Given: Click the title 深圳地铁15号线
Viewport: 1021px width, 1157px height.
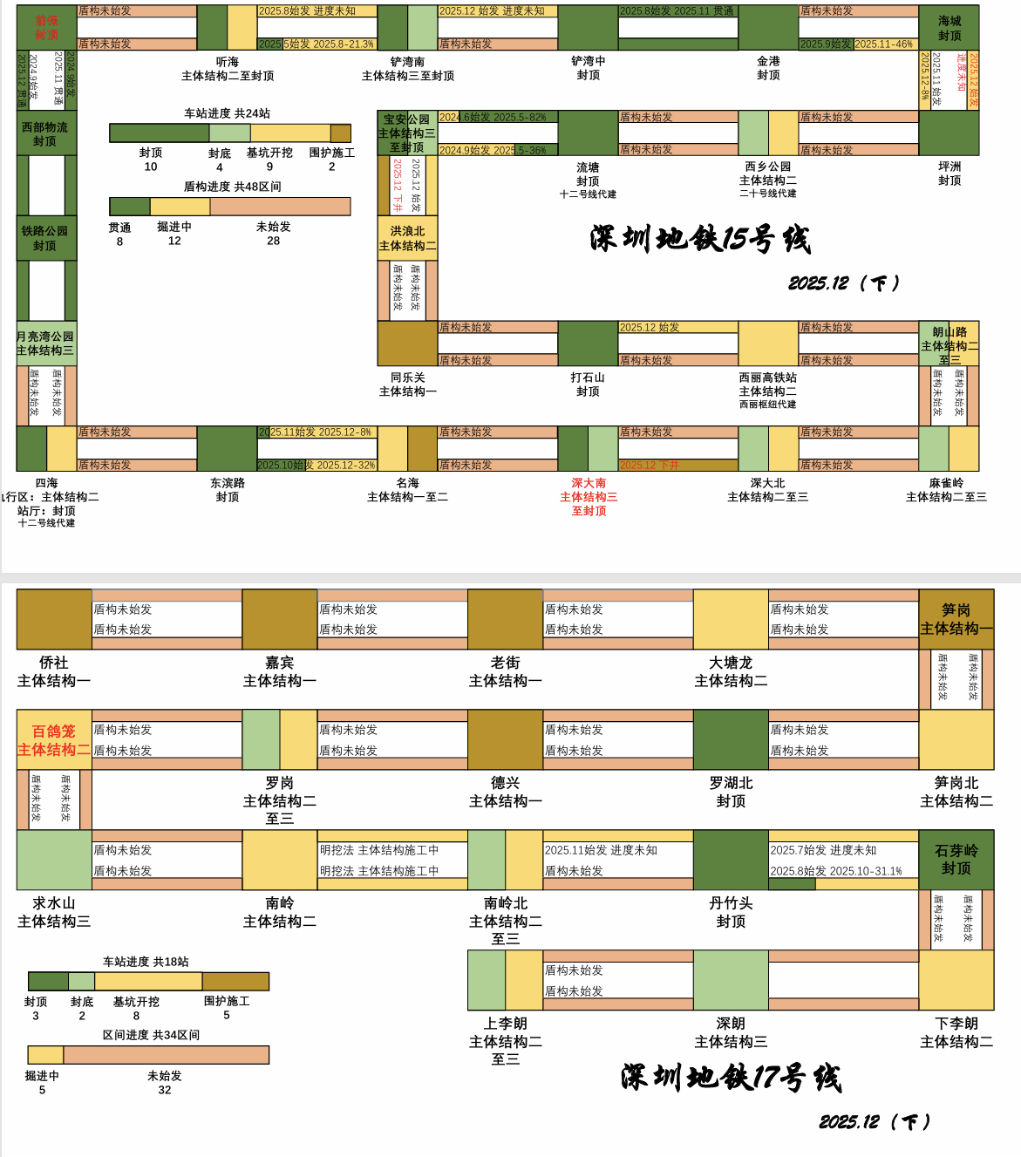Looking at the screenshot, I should (700, 239).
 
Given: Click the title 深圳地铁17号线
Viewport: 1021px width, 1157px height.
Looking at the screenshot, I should (731, 1078).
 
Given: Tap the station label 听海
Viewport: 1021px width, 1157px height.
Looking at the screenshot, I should (228, 62).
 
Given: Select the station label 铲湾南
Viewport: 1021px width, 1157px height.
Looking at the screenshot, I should (407, 62).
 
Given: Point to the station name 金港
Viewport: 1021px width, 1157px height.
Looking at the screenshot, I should (768, 61).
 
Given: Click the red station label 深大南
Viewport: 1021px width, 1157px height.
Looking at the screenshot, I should (589, 483).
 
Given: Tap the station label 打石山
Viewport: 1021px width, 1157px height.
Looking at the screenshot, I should (588, 378).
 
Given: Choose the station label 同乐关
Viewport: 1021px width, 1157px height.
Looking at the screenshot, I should (407, 378).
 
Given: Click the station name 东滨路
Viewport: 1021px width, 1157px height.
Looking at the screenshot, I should (228, 483).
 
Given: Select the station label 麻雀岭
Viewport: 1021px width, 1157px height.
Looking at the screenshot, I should (946, 483).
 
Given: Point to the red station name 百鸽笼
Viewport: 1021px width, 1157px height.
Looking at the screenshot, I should (54, 732).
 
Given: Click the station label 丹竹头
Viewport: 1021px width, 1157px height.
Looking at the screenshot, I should (731, 903).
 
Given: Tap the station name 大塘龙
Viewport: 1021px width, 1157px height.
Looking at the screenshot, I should (731, 663).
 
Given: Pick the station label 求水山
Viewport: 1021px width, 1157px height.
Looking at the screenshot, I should (54, 903).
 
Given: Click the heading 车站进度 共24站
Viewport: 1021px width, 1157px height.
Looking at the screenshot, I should (227, 113).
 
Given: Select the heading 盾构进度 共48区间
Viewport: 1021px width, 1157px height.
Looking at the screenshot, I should (232, 187).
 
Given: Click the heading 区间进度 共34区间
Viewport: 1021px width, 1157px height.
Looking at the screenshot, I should (151, 1035).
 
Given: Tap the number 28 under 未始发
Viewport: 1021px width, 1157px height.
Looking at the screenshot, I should (273, 241).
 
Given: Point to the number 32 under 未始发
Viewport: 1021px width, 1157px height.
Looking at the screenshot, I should (164, 1090).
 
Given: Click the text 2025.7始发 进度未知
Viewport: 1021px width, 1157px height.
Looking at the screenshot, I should (822, 850).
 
